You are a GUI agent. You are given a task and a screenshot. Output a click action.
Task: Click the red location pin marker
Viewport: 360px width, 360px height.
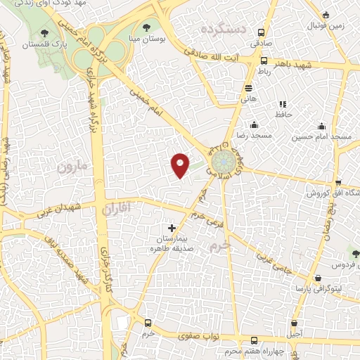pos(181,165)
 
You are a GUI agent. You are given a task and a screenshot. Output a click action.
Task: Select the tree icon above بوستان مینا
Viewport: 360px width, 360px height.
pos(146,28)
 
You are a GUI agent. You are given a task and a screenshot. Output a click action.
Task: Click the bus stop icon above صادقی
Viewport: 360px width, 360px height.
pos(261,32)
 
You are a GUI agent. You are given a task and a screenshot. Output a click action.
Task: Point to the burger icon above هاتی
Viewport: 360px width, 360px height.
pos(248,88)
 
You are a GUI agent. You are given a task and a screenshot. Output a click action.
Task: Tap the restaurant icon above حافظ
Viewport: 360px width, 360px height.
pos(283,104)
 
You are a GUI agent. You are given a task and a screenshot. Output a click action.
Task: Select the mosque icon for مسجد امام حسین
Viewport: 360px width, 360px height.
pos(321,126)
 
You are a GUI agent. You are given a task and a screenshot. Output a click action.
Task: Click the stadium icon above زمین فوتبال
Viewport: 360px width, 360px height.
pos(325,14)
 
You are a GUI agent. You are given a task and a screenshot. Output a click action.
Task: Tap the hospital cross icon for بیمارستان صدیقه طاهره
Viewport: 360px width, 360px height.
pos(172,228)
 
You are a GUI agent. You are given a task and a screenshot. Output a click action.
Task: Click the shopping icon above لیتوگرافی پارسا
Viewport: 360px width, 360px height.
pos(319,278)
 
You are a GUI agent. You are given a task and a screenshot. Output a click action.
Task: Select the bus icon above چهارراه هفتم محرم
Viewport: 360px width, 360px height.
pos(241,338)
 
